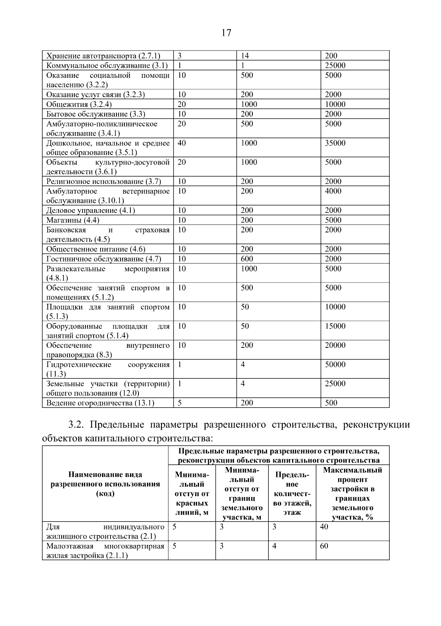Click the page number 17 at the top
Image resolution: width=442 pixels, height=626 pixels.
227,33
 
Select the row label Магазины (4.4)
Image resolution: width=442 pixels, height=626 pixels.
73,220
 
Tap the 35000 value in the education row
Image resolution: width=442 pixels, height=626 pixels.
335,143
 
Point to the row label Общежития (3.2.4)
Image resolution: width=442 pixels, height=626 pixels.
79,104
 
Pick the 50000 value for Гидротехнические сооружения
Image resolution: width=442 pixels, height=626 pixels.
335,364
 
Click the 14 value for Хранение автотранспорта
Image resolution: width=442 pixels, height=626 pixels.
245,56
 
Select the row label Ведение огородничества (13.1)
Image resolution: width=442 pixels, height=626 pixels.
100,403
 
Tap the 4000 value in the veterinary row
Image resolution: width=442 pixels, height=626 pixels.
333,191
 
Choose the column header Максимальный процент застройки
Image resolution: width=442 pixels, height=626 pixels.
352,493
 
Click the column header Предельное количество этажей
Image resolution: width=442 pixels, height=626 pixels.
292,493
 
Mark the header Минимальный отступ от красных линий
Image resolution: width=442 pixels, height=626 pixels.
192,493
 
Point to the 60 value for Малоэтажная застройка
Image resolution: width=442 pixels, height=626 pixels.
324,546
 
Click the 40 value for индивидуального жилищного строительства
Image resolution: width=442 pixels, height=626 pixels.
324,527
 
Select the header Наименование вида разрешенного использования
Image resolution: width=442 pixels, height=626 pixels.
105,484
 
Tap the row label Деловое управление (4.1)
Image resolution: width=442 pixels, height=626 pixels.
91,211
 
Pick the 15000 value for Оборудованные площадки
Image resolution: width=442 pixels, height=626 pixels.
335,326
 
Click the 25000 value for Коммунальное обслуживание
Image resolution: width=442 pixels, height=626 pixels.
335,66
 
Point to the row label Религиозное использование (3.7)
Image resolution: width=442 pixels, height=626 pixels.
104,181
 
